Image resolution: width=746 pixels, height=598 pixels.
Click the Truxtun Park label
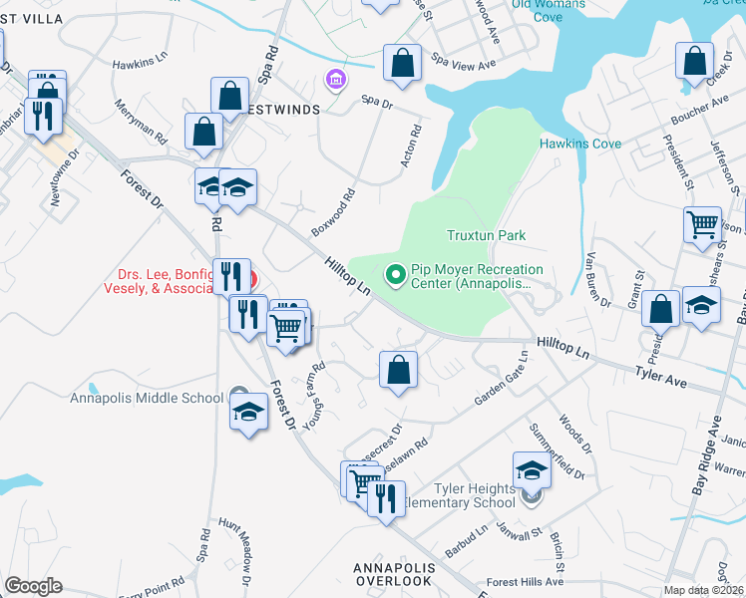coord(485,235)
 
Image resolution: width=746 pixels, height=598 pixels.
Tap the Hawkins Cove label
coord(579,144)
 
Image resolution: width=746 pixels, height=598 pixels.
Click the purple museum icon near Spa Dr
coord(335,79)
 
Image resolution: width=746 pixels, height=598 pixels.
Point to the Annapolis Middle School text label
coord(147,399)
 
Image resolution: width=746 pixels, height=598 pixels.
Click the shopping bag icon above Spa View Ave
coord(401,63)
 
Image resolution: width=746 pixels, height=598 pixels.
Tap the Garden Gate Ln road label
coord(500,383)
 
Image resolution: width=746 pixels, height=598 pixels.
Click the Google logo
coord(33,586)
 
